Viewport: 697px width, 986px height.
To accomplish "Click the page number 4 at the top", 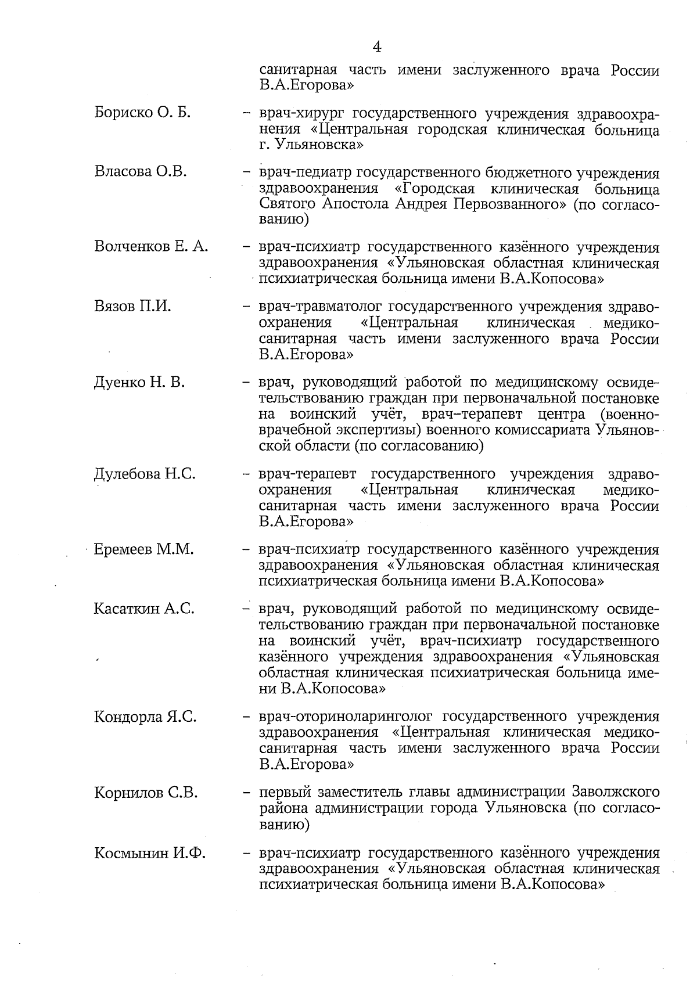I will pos(377,46).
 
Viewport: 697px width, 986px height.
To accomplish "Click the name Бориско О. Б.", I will pos(142,112).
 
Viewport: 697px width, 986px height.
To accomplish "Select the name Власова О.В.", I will pos(140,171).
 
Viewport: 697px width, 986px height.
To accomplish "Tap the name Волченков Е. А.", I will pos(151,246).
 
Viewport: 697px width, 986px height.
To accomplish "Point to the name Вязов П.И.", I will pos(132,306).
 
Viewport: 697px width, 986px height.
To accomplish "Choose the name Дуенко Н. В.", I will pos(139,382).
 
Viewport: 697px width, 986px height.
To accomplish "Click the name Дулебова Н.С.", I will pos(145,474).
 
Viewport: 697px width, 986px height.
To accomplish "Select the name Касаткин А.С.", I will pos(143,609).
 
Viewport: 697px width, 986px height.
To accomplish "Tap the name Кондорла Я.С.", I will pos(145,717).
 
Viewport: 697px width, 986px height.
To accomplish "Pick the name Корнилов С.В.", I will pos(146,793).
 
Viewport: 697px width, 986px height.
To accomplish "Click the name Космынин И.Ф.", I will pos(150,853).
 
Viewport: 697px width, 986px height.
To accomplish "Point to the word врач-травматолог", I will pos(323,307).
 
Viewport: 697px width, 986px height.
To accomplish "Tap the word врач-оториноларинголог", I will pos(347,717).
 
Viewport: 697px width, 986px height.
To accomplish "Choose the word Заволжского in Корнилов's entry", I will pos(616,792).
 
